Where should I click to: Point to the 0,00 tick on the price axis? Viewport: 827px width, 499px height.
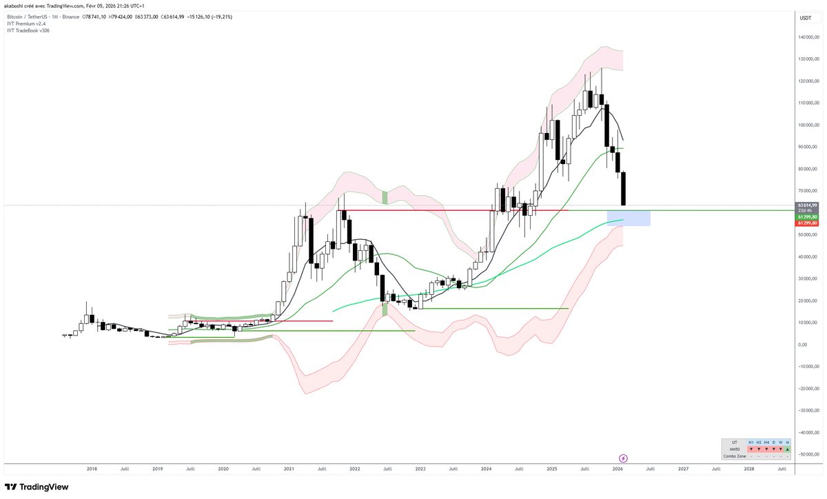pos(803,344)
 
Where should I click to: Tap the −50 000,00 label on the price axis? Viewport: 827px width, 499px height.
pos(809,454)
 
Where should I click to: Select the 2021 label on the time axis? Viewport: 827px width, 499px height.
pos(289,469)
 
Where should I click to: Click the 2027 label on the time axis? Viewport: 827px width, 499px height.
pos(683,469)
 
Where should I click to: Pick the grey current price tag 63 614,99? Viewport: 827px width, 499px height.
pos(807,205)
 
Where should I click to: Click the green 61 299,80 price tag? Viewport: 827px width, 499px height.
pos(807,216)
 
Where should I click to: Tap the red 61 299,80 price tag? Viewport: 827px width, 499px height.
pos(807,223)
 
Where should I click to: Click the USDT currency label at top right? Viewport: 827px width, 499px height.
pos(804,18)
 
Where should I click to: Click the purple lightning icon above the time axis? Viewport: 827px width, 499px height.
pos(623,458)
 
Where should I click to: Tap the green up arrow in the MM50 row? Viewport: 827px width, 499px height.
pos(787,449)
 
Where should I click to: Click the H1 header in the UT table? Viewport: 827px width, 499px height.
pos(751,442)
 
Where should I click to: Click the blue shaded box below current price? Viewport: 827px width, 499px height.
pos(629,218)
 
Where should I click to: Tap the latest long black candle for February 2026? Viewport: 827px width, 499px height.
pos(624,189)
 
